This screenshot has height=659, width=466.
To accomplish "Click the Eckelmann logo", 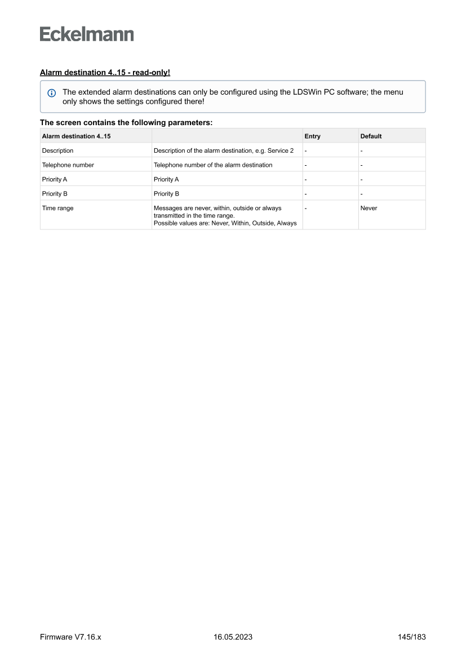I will (87, 34).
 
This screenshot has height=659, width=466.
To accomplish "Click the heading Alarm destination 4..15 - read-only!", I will (105, 73).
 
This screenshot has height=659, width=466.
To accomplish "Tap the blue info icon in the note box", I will (52, 92).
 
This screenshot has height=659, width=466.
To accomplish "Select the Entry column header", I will (312, 136).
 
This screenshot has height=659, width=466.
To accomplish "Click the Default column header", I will (371, 136).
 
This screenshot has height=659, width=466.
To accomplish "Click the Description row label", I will (57, 151).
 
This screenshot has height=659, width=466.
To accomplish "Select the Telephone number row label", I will (68, 165).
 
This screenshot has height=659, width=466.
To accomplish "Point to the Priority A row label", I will (55, 179).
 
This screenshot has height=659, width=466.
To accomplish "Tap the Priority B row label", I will (55, 194).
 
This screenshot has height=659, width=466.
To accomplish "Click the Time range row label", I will (57, 208).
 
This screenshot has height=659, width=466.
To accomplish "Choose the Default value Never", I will (369, 208).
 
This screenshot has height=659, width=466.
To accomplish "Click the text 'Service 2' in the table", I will (281, 151).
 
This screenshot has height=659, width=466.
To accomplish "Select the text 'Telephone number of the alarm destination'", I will (212, 165).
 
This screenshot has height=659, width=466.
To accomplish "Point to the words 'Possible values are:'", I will (177, 223).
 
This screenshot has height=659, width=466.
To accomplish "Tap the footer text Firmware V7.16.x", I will (70, 637).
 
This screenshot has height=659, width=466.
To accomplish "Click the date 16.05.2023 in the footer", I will (233, 637).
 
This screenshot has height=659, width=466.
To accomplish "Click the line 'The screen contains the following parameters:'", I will (126, 122).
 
